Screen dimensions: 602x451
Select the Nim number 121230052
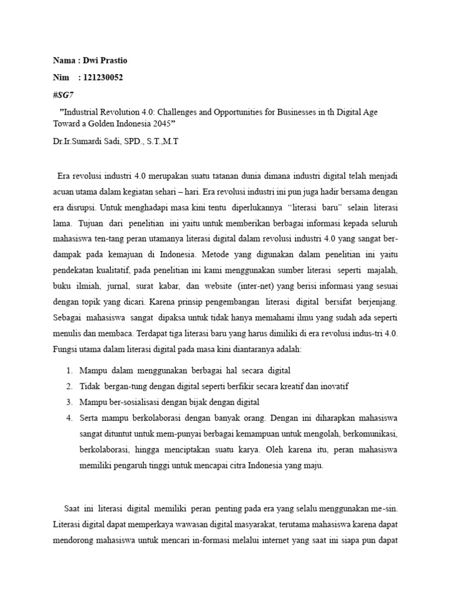point(105,78)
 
